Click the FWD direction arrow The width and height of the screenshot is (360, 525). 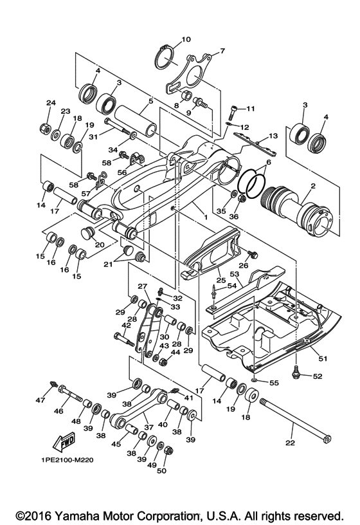click(x=64, y=443)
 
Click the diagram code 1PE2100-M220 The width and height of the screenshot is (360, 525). click(x=65, y=460)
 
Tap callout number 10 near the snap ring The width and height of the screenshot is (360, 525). click(x=186, y=39)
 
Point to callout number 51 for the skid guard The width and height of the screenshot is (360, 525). click(x=322, y=358)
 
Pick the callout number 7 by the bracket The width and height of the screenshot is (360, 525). click(x=222, y=51)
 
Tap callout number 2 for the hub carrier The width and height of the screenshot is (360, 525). click(x=314, y=185)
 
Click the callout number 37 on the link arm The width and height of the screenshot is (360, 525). click(x=148, y=427)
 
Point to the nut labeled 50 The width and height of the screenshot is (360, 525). click(x=169, y=450)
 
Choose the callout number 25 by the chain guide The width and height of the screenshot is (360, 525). click(x=220, y=280)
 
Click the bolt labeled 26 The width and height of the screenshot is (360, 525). click(x=253, y=255)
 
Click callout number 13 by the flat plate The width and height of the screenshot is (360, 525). click(x=273, y=136)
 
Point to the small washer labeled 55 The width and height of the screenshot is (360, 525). click(x=255, y=380)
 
